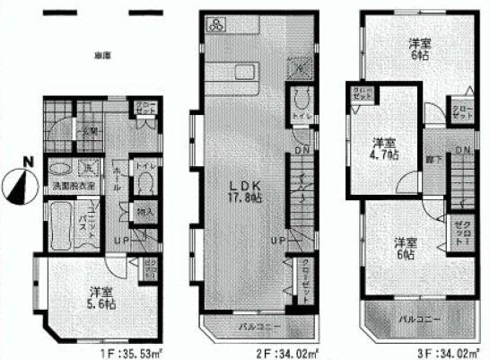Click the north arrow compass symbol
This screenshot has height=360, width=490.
[17, 187]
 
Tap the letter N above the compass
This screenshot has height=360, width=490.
[28, 162]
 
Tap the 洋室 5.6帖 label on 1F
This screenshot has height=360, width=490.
[101, 297]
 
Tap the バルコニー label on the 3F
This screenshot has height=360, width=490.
[414, 318]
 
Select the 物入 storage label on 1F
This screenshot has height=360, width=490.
[142, 213]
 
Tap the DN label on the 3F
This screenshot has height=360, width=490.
[461, 149]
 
